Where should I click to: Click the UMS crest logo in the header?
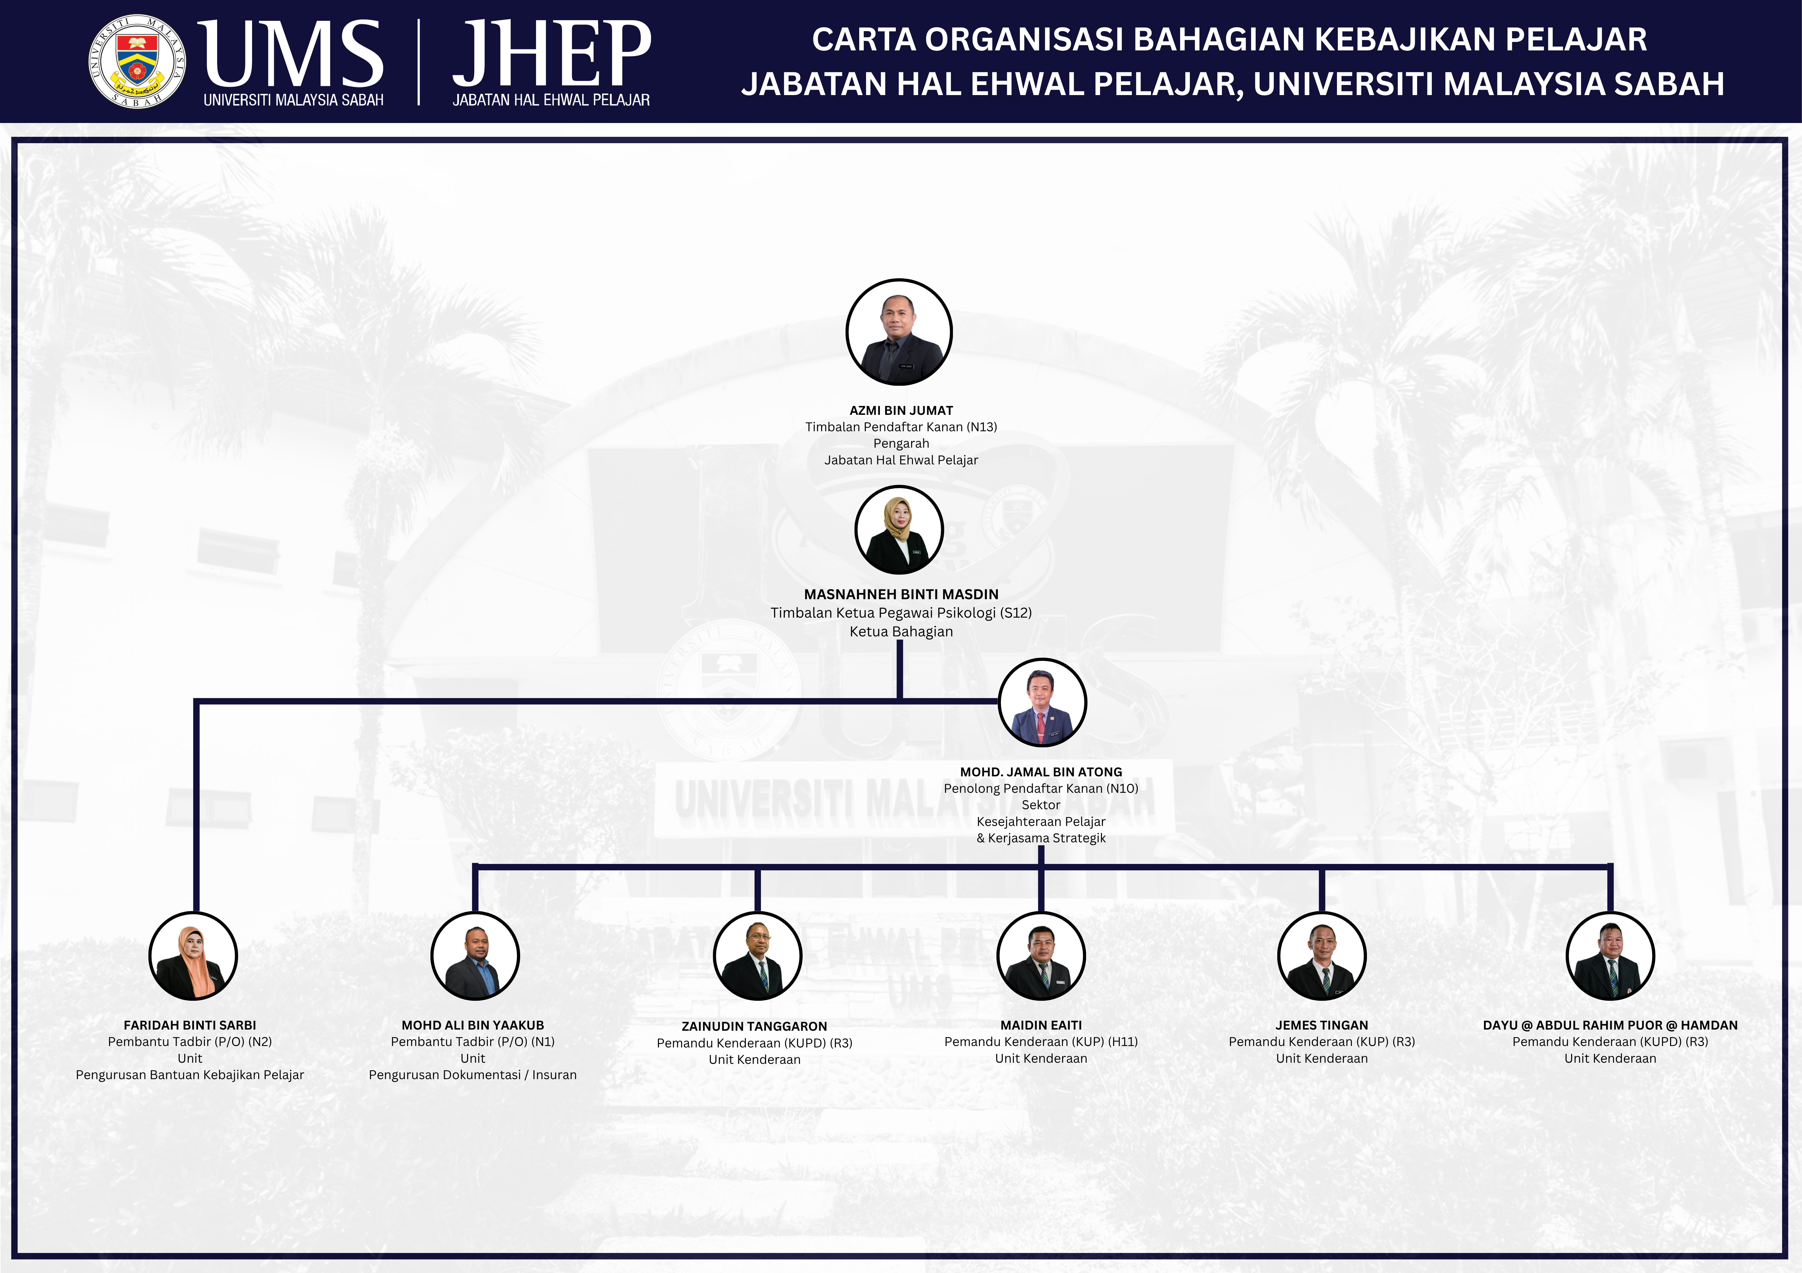point(137,61)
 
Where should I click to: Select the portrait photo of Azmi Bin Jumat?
point(900,332)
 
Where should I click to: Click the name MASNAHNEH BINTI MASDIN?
point(901,595)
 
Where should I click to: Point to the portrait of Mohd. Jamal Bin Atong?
point(1042,702)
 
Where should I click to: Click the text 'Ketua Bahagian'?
point(901,631)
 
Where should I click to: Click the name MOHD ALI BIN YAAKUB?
point(473,1025)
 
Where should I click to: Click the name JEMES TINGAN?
point(1322,1025)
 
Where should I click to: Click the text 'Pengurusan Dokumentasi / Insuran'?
point(473,1075)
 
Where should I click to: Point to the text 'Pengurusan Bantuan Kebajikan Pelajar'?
point(190,1075)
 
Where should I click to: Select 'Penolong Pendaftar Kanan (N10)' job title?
point(1041,788)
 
